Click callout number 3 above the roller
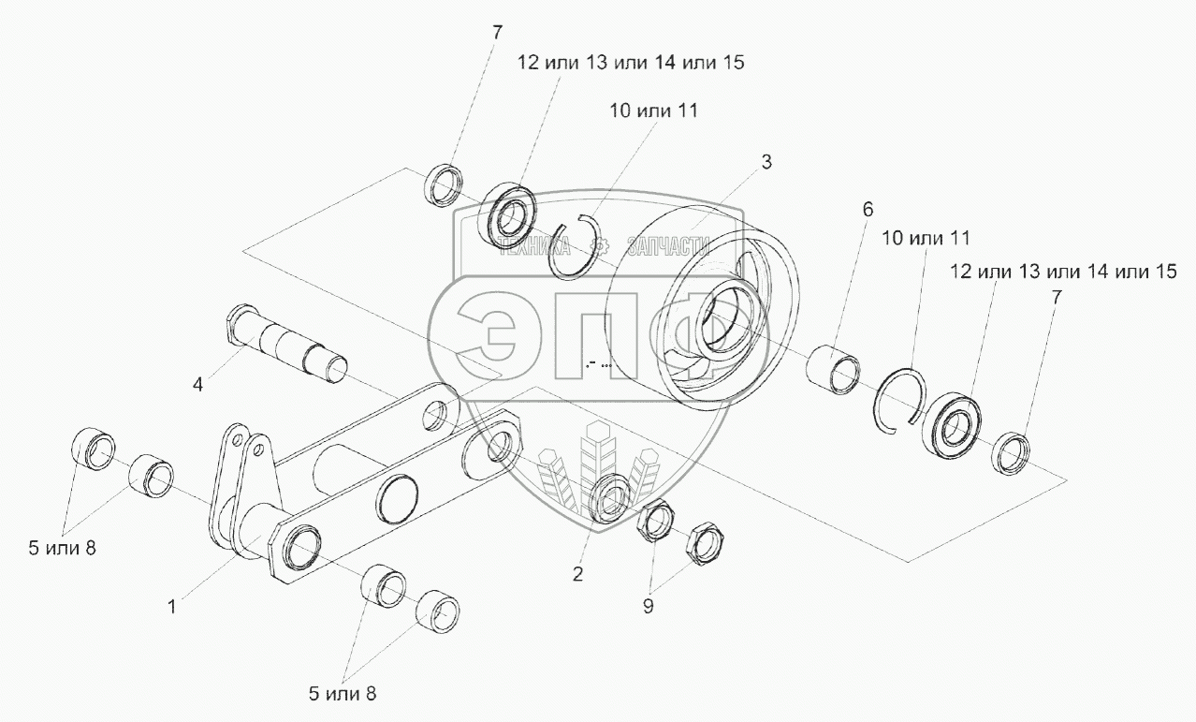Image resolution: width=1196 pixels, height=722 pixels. (x=766, y=162)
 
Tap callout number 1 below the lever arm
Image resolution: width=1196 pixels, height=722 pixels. (x=171, y=607)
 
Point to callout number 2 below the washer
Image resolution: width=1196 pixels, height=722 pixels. (x=577, y=574)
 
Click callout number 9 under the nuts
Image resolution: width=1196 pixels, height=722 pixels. (x=648, y=606)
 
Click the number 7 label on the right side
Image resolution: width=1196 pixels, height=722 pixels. (x=1057, y=297)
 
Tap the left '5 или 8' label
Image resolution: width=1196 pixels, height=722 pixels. (x=62, y=549)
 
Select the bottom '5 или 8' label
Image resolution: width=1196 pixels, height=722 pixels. (x=343, y=694)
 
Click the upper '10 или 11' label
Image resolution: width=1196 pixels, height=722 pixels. (x=652, y=111)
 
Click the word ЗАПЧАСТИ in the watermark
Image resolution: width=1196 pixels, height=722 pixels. (x=668, y=246)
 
